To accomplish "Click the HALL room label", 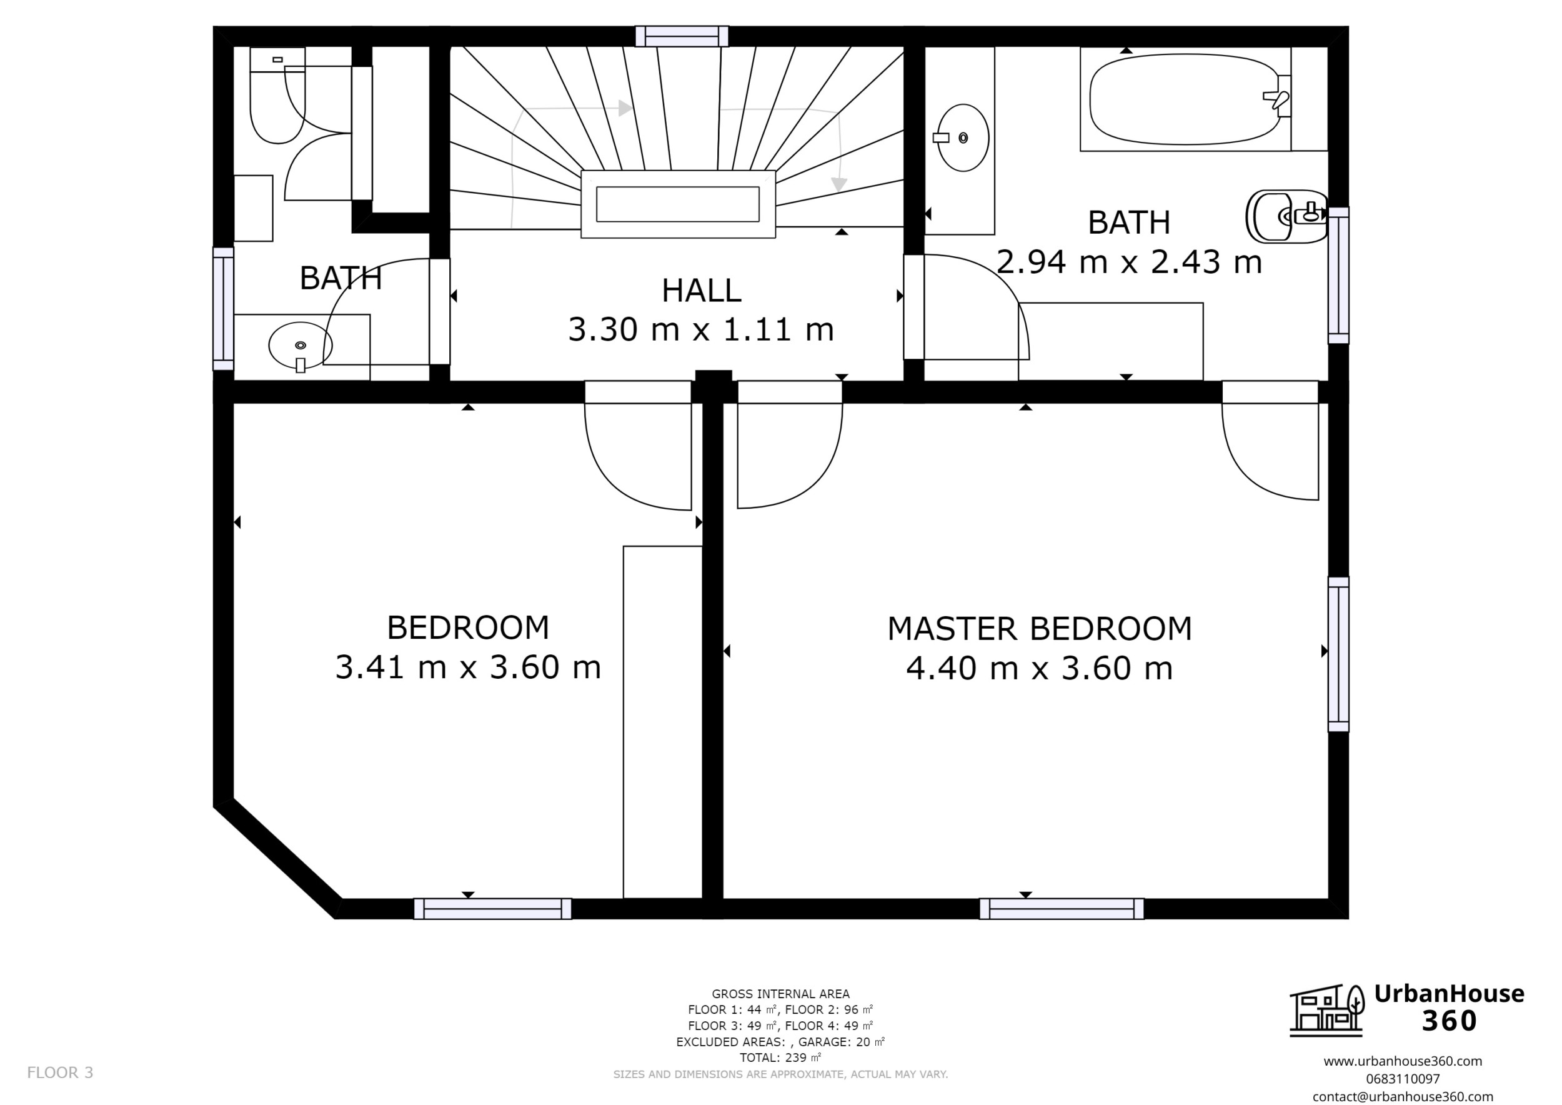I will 701,291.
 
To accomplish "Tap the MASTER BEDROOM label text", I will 1039,629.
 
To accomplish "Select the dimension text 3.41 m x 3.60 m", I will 468,667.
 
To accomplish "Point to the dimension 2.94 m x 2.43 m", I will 1128,262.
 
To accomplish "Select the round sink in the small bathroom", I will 299,346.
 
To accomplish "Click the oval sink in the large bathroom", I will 962,137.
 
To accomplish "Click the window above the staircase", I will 682,36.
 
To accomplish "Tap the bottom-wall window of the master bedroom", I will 1061,908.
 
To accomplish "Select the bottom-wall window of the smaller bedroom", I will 492,908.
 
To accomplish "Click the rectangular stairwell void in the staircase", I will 677,204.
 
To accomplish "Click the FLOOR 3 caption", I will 60,1073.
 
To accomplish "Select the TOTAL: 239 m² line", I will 780,1057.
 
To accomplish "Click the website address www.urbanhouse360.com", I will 1402,1061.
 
